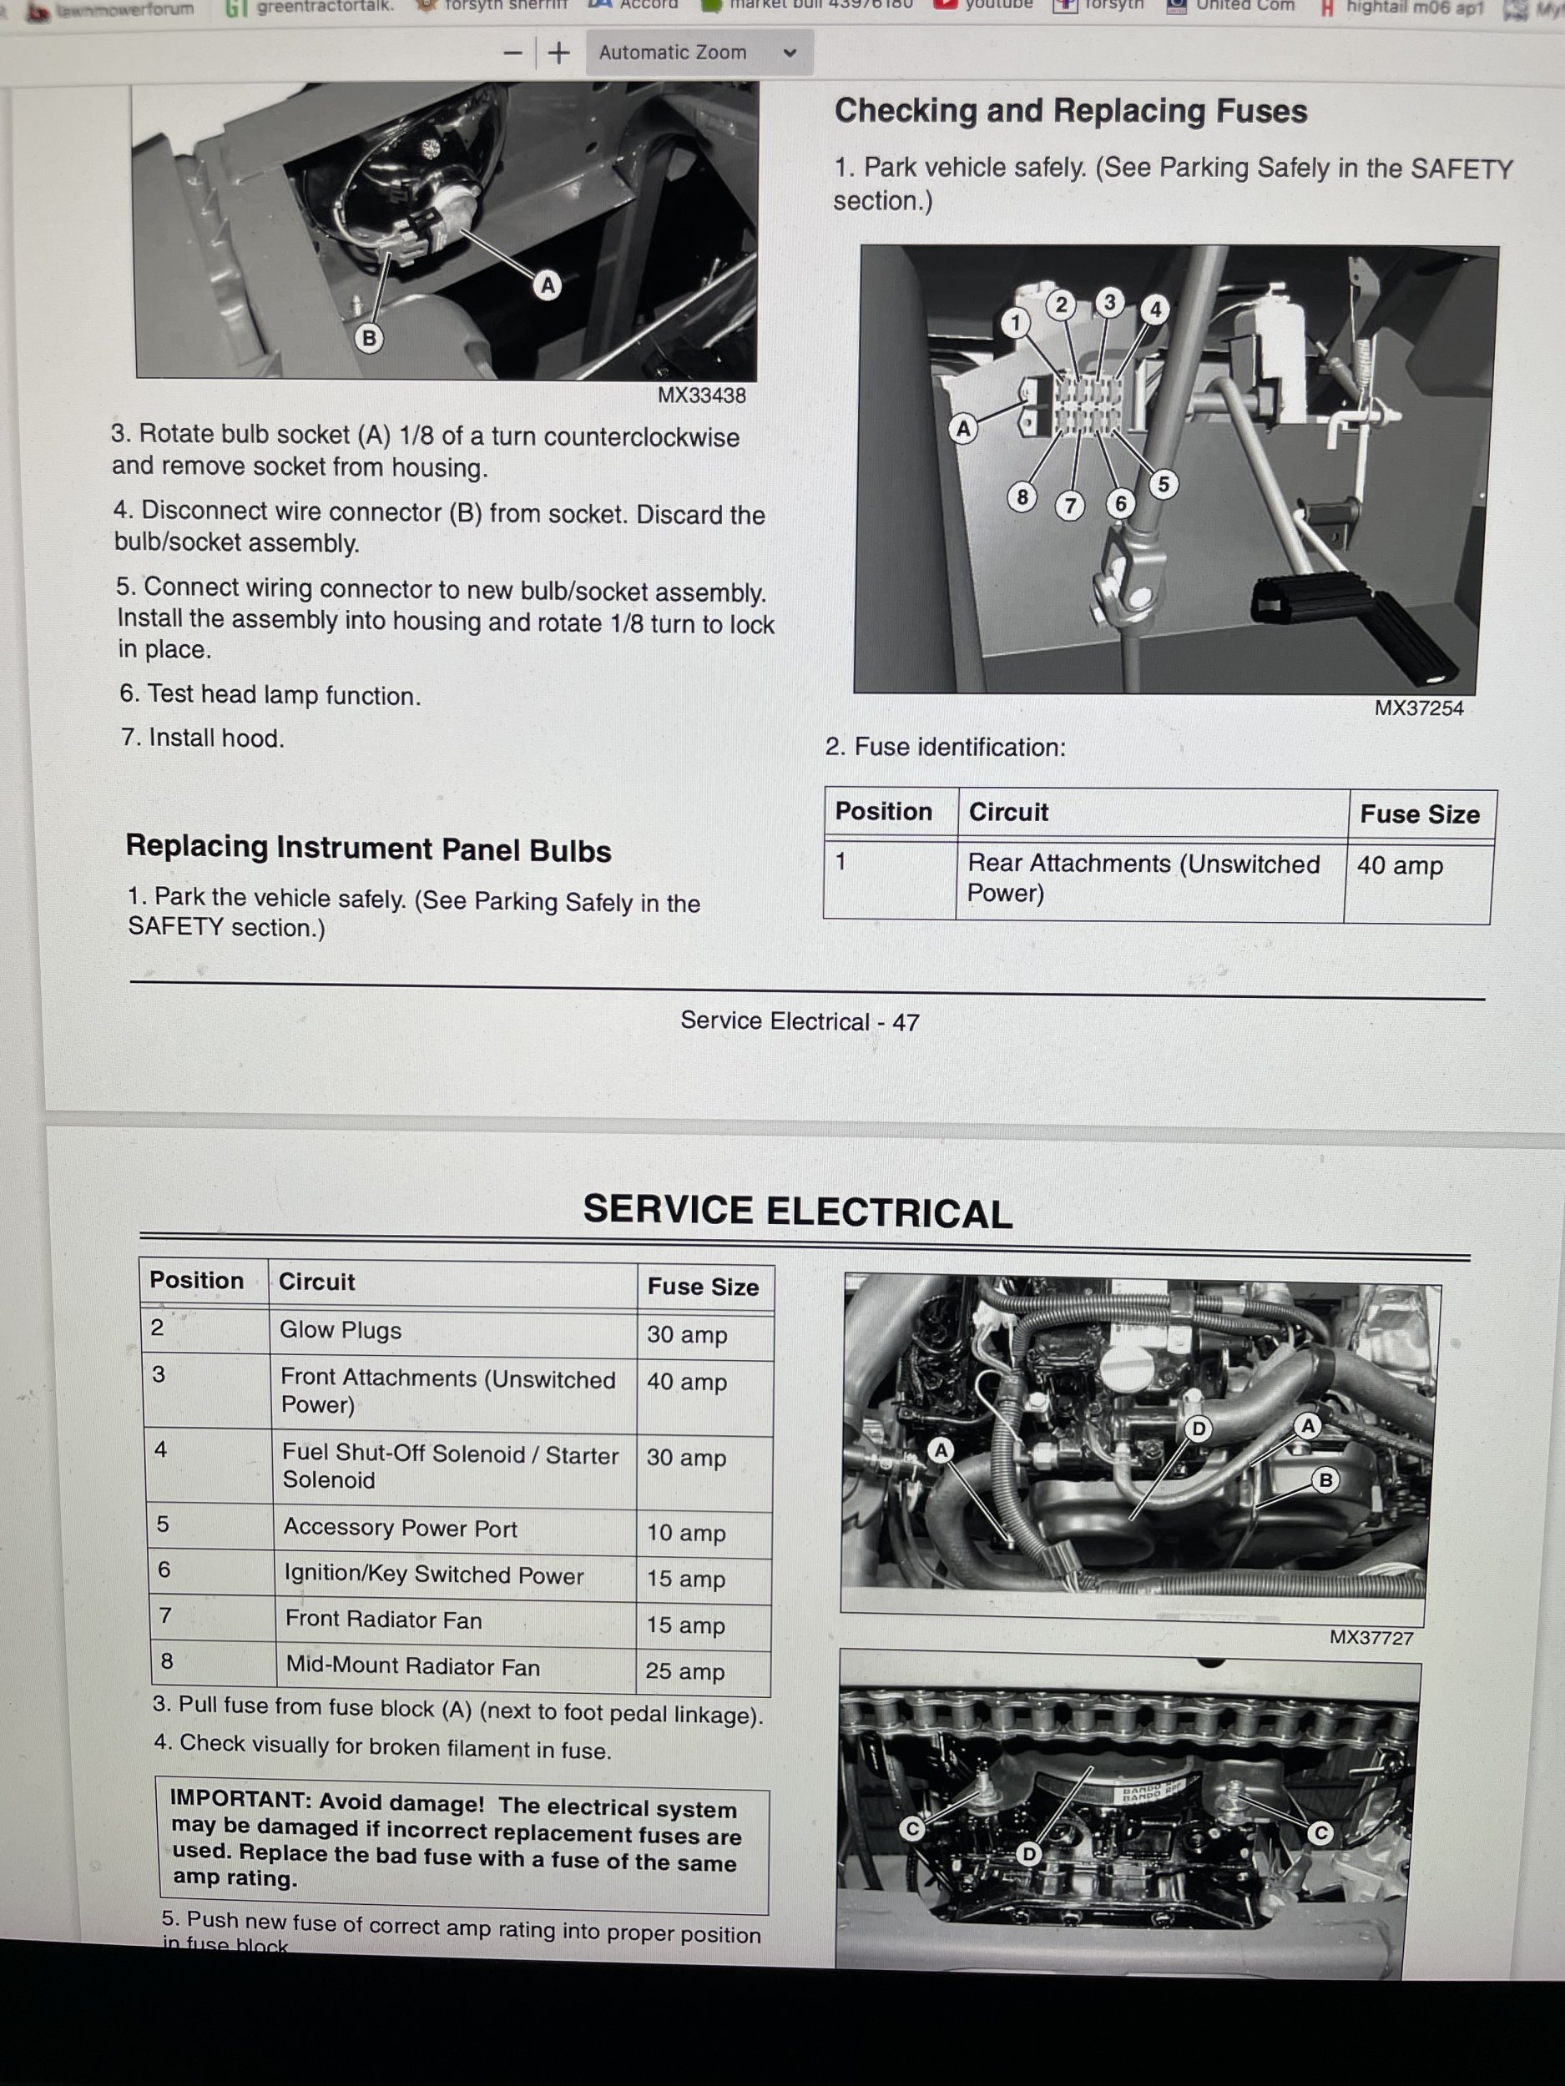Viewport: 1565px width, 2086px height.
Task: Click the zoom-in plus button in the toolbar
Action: [559, 53]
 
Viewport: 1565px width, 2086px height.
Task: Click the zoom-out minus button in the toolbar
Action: [512, 53]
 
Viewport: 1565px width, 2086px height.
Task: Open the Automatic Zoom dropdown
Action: [698, 53]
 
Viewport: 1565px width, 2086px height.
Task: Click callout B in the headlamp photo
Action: [369, 338]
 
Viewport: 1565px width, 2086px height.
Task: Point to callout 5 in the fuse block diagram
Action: [1164, 484]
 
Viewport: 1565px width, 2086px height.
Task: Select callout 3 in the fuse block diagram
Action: [1109, 303]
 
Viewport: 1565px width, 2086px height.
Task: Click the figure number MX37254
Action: [1418, 708]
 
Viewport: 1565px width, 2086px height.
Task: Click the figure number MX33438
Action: [701, 396]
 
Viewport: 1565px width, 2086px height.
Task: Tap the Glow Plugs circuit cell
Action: [341, 1330]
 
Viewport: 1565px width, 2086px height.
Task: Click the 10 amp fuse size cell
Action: [686, 1533]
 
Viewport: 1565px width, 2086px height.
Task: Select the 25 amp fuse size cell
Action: [685, 1671]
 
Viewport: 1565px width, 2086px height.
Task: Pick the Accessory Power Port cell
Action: [400, 1528]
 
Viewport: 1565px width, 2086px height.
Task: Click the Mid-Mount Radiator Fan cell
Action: [412, 1666]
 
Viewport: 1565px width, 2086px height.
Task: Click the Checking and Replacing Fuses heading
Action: [1071, 111]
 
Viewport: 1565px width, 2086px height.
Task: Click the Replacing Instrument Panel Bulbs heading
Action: [368, 849]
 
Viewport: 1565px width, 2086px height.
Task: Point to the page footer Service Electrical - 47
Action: [799, 1021]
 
